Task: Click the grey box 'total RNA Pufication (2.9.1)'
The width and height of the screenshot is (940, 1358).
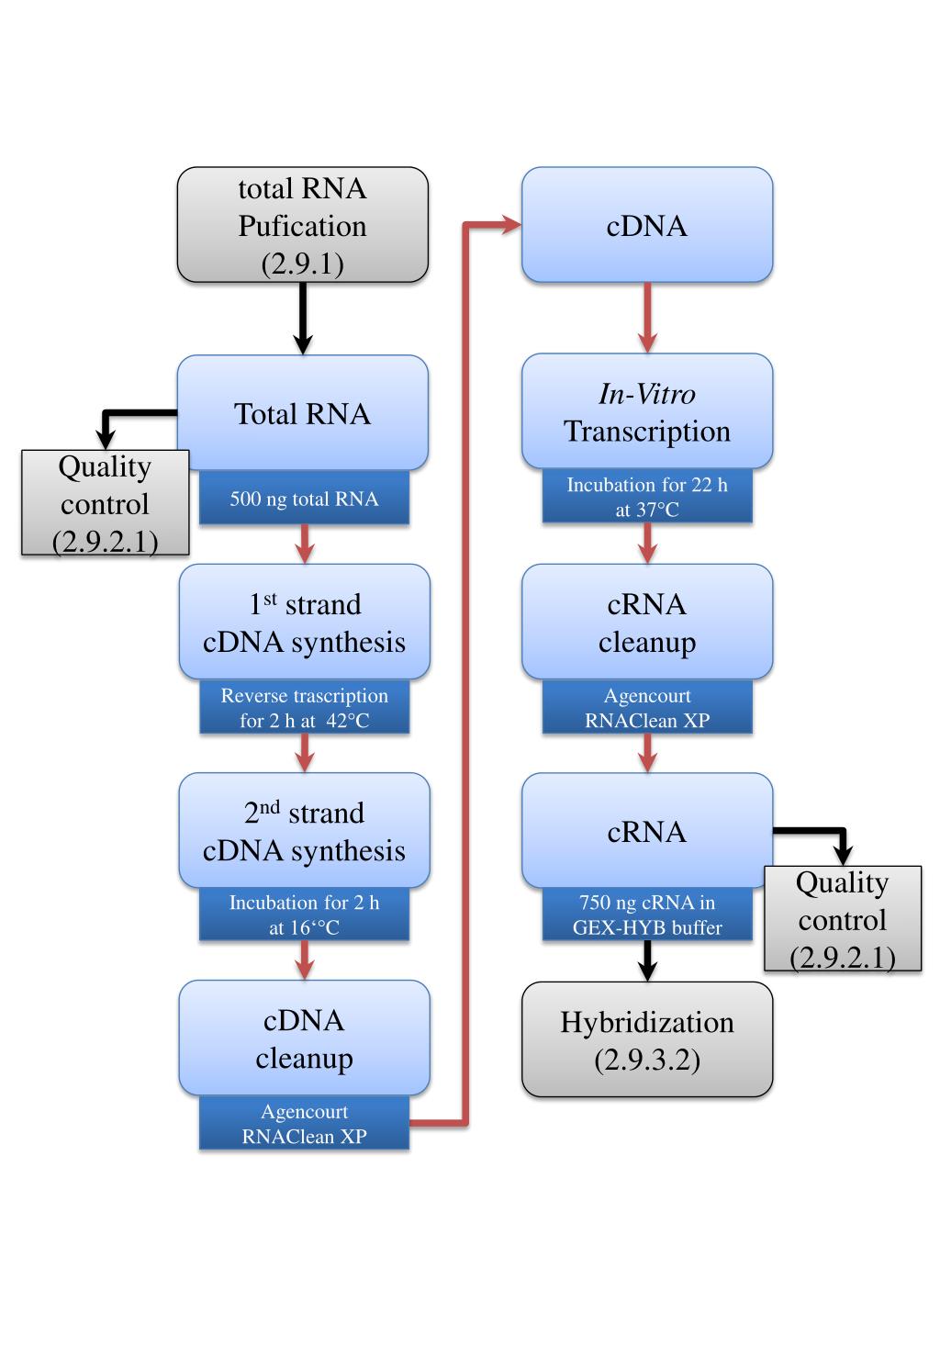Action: coord(302,225)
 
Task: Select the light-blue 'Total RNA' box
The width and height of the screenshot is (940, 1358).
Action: coord(302,413)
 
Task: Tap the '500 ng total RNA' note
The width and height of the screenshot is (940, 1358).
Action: coord(304,498)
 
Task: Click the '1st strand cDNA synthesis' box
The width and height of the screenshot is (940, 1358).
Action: coord(304,622)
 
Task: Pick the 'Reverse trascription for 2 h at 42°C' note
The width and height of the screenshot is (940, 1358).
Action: coord(304,707)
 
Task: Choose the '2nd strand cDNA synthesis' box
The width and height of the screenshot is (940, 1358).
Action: coord(304,831)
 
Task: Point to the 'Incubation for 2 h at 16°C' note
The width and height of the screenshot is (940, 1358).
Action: coord(304,915)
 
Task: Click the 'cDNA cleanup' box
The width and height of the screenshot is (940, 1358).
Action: coord(304,1038)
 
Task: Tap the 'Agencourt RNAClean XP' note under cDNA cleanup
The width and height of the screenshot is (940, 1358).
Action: coord(304,1123)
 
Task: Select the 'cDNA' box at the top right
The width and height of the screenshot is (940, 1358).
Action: coord(647,225)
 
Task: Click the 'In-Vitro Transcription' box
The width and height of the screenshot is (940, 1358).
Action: coord(647,411)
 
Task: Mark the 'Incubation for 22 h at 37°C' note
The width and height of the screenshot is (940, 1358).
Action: coord(647,496)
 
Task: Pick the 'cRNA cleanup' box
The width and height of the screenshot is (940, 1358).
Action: coord(647,622)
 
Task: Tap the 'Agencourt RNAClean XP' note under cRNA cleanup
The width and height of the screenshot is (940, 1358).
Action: coord(647,707)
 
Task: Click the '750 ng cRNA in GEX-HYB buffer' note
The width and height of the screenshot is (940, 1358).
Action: coord(647,915)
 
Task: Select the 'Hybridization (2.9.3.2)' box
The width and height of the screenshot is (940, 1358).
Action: coord(647,1039)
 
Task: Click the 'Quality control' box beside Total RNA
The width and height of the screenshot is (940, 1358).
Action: coord(105,502)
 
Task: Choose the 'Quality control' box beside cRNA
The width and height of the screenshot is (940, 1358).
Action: coord(843,918)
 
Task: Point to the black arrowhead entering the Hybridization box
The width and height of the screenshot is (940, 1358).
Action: coord(647,971)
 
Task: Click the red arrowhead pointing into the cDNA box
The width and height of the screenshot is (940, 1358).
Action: coord(511,225)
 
